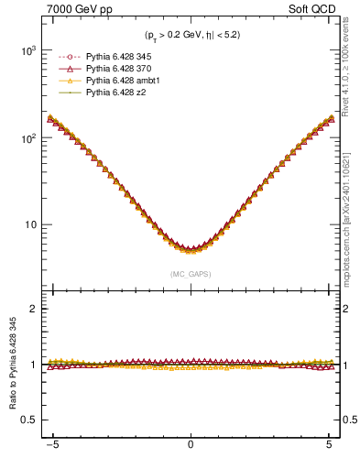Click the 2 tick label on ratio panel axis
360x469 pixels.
click(34, 309)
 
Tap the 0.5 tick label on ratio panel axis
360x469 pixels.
click(29, 420)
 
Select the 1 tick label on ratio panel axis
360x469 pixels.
click(34, 365)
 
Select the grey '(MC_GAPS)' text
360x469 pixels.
click(190, 274)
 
